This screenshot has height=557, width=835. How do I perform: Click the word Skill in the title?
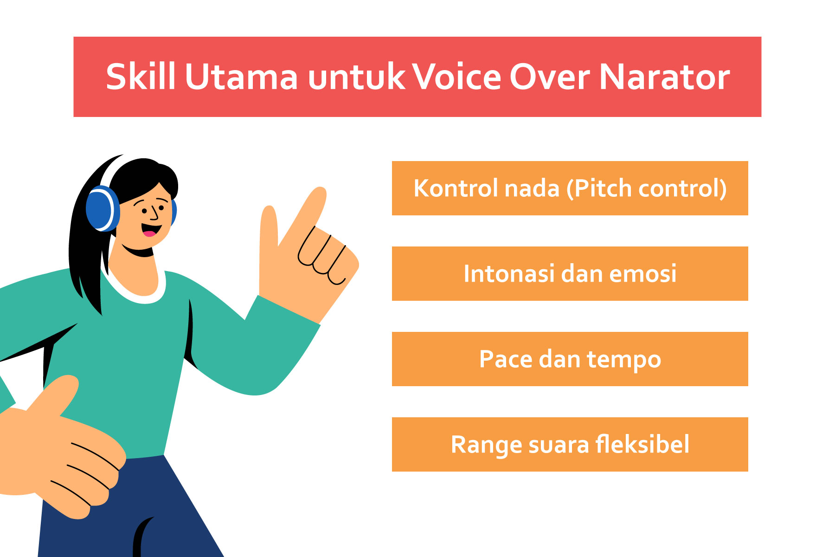point(141,77)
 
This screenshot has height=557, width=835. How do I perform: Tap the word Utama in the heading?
point(241,77)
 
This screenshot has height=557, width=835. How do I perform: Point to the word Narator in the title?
point(664,77)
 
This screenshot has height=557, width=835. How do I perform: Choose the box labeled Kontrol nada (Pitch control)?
point(570,188)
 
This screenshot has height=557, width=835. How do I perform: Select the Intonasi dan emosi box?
point(570,273)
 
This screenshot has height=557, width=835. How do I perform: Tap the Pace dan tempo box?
point(570,359)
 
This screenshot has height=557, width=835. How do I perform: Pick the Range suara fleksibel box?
point(570,444)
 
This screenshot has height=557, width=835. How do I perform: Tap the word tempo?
point(624,360)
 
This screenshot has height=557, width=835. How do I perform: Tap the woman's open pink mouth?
point(151,230)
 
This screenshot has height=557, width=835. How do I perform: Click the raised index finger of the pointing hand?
point(306,214)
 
